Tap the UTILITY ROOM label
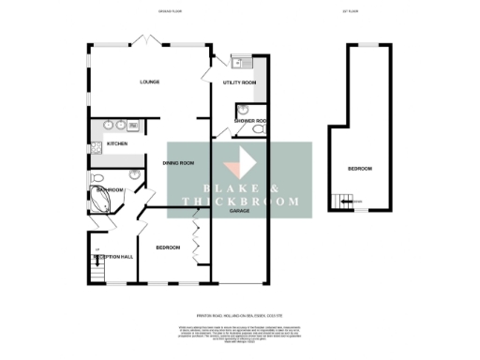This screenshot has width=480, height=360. pos(239,83)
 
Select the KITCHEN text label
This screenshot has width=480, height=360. pos(116,143)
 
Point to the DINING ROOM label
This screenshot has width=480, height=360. pos(178,164)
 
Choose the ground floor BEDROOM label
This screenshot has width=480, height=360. pos(168,247)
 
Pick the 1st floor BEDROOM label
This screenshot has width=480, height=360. pos(360,169)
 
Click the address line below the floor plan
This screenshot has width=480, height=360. pos(240,315)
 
